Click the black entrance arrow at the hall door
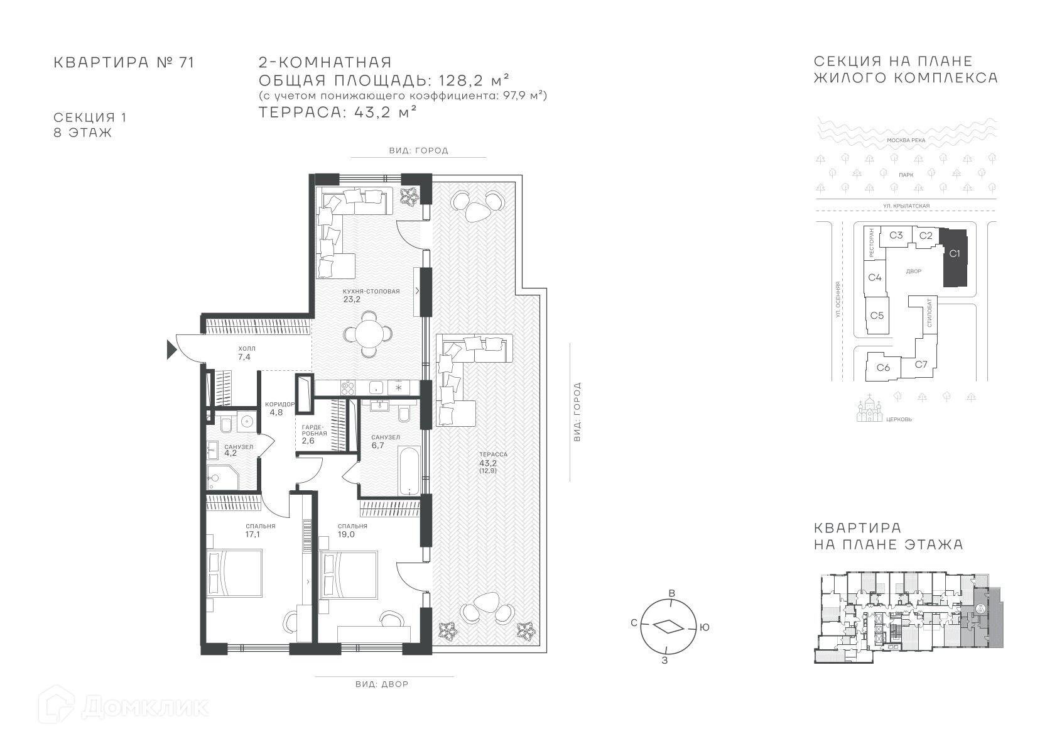[x=171, y=350]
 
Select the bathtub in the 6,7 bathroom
[x=409, y=470]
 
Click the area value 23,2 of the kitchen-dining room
[x=352, y=299]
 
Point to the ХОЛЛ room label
[x=247, y=348]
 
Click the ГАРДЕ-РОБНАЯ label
[x=314, y=430]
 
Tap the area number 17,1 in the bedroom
[x=252, y=534]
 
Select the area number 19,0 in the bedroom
[x=346, y=534]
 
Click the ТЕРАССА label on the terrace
[x=492, y=454]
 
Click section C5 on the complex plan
[x=877, y=316]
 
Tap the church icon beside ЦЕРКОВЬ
[x=869, y=409]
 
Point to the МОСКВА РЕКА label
[x=906, y=140]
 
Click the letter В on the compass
[x=672, y=593]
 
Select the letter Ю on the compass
[x=704, y=627]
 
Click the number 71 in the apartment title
[x=187, y=62]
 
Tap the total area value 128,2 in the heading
[x=461, y=80]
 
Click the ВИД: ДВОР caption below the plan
[x=382, y=684]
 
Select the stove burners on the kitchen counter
[x=348, y=388]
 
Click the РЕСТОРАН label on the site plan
[x=871, y=243]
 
